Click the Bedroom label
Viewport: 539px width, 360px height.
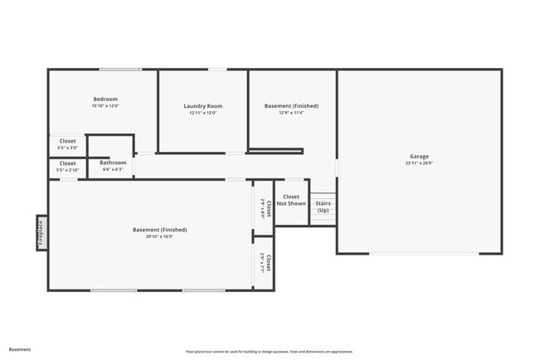[x=105, y=100]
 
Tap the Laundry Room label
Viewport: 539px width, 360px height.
[x=203, y=106]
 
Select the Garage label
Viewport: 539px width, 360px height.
[x=419, y=157]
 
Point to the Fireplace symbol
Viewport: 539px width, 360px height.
[x=40, y=231]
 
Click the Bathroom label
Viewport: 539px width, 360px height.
[x=114, y=163]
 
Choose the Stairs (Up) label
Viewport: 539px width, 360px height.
[x=323, y=207]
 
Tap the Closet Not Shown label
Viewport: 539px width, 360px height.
[x=291, y=200]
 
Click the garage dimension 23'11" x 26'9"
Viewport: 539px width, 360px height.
[x=419, y=163]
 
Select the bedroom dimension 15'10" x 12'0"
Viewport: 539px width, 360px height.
[x=105, y=106]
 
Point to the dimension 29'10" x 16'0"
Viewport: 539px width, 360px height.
[x=160, y=236]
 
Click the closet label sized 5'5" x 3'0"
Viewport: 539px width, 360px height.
[x=67, y=141]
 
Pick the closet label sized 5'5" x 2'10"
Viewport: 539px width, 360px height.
[x=67, y=163]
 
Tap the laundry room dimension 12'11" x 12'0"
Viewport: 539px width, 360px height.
[x=203, y=113]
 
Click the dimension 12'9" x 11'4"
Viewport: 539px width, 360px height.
[x=291, y=113]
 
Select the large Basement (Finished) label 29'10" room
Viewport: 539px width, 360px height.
[x=160, y=230]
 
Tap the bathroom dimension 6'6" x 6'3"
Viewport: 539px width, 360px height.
[x=114, y=169]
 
